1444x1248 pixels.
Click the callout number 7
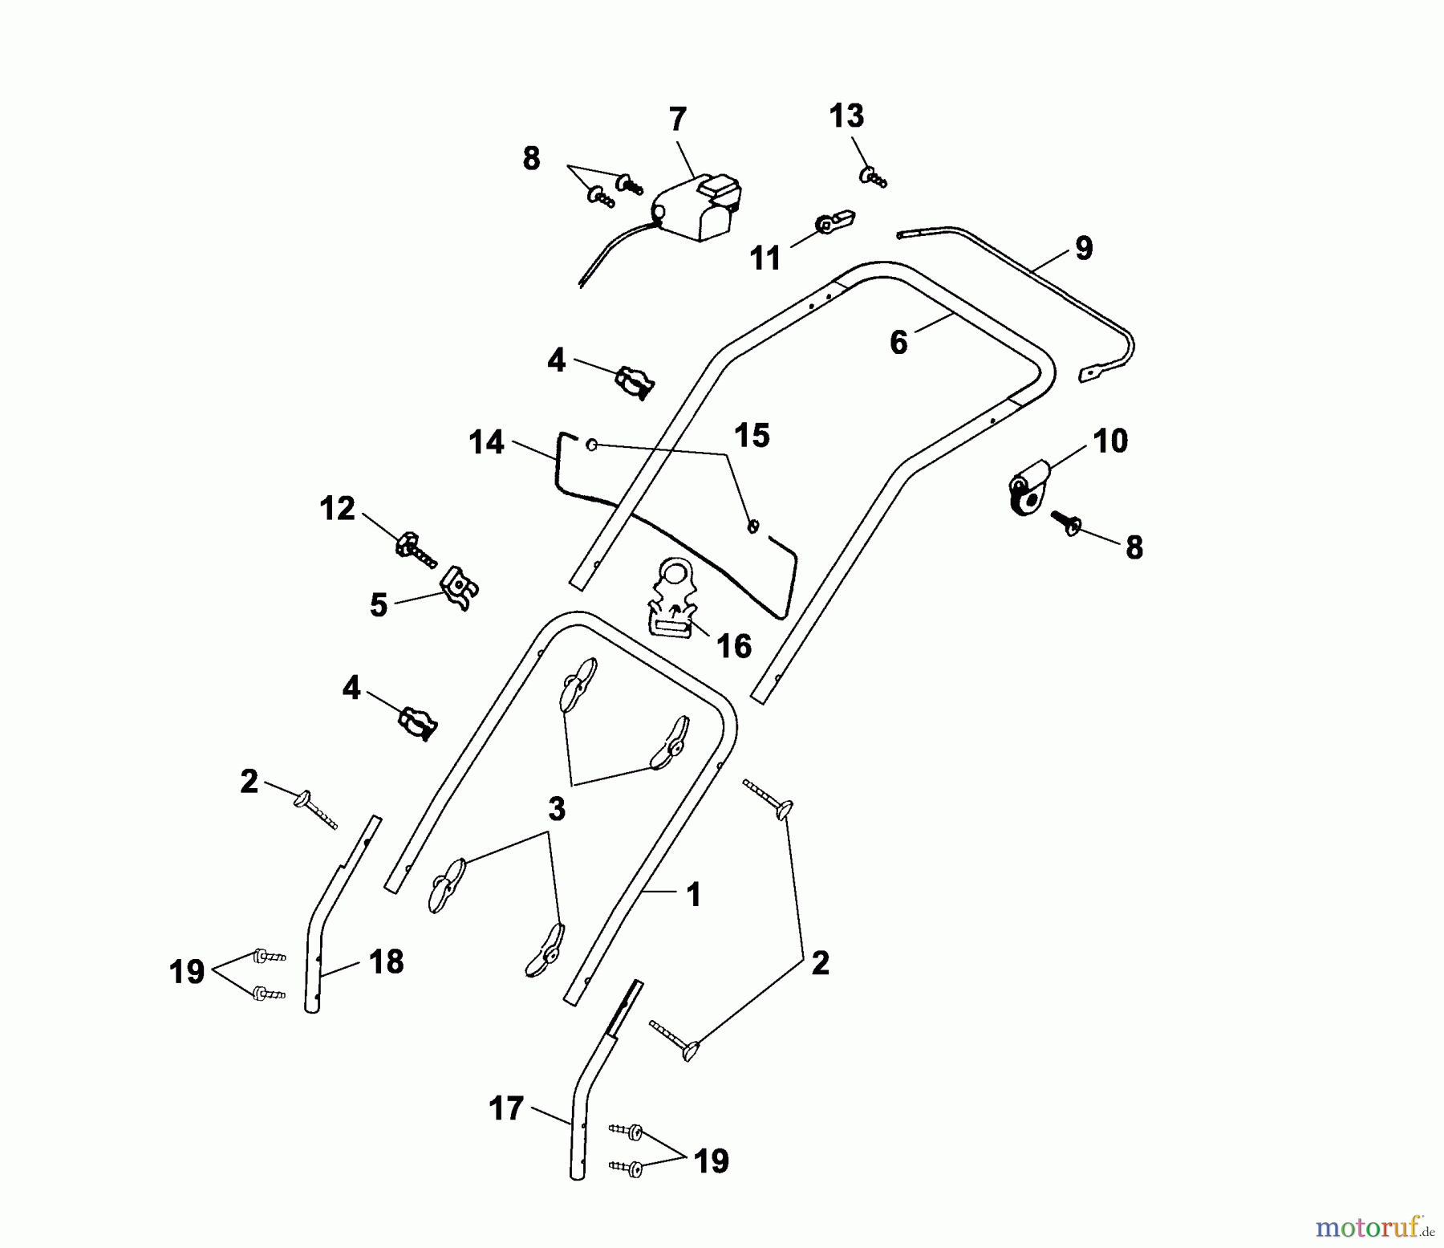click(x=678, y=120)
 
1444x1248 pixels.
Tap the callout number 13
click(x=846, y=116)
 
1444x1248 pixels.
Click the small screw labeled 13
click(x=873, y=177)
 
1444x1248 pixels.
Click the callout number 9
click(x=1083, y=248)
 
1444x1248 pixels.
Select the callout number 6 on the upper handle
click(x=898, y=343)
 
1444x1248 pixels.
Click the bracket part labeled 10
click(x=1028, y=489)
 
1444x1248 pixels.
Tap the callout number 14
click(x=486, y=442)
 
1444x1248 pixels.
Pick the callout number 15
click(x=752, y=436)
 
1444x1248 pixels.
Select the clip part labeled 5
click(x=460, y=588)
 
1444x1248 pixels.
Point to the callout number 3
click(x=556, y=809)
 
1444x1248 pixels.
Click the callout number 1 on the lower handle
click(x=694, y=895)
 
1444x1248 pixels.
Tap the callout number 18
click(x=386, y=961)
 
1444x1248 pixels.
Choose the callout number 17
click(x=506, y=1108)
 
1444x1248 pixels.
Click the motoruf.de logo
click(x=1375, y=1226)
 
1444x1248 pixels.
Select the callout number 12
click(x=337, y=508)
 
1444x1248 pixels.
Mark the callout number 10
click(x=1110, y=441)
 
